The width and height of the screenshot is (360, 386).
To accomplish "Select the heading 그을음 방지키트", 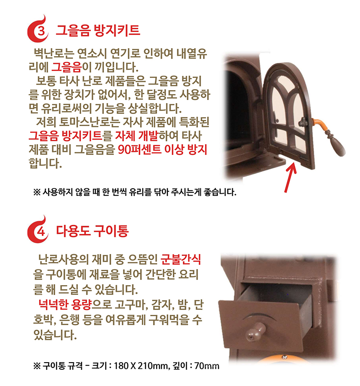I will (x=98, y=31).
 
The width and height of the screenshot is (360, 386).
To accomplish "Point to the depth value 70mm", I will (x=206, y=365).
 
